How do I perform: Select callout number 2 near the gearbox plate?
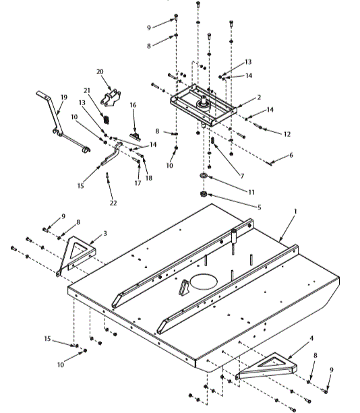258,98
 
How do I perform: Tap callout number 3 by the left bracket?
105,233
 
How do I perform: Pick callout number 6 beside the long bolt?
291,155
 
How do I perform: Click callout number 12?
287,134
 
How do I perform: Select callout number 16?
133,105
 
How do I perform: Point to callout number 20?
100,71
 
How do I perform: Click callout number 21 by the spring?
87,90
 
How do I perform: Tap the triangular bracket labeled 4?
266,368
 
